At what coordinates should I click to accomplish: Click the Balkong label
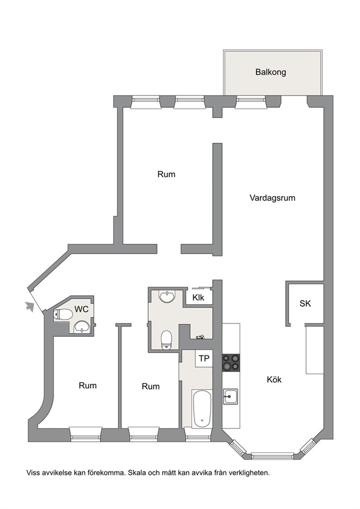click(270, 72)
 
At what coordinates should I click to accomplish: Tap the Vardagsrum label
click(272, 197)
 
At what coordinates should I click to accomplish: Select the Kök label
click(274, 379)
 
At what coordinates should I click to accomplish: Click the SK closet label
click(305, 303)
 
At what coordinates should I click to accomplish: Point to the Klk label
click(198, 298)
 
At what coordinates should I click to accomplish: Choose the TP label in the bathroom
click(204, 358)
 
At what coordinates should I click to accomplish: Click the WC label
click(81, 309)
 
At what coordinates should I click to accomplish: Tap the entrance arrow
click(30, 306)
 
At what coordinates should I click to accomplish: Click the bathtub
click(202, 408)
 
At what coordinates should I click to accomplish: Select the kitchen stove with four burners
click(231, 362)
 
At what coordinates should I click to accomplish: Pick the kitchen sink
click(231, 396)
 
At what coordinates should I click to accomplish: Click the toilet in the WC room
click(63, 314)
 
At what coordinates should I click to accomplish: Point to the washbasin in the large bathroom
click(167, 296)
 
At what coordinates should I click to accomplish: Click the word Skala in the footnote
click(136, 472)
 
